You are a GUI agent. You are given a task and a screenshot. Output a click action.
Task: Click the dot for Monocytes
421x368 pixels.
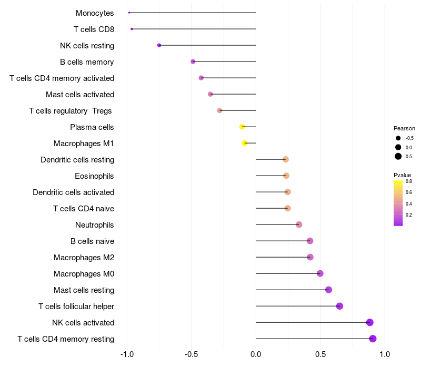point(129,13)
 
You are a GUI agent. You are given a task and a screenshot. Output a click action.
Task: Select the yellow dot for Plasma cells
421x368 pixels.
point(242,127)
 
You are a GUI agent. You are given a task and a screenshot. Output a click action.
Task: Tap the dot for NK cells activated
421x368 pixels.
point(370,322)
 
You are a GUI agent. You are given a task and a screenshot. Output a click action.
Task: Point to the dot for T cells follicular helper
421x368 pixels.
point(339,306)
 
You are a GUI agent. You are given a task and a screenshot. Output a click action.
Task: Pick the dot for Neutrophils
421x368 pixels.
point(299,224)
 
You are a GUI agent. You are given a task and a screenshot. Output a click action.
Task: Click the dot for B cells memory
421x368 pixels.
point(193,62)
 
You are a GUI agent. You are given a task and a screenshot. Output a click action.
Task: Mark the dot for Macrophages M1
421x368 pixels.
point(245,143)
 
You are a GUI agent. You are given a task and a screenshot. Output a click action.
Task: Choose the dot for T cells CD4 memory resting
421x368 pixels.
point(373,339)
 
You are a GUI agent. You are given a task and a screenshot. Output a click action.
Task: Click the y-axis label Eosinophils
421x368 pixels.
point(94,176)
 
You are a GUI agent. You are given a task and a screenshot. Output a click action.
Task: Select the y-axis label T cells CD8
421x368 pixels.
point(94,29)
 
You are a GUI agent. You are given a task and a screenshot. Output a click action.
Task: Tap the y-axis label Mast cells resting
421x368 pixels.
point(84,290)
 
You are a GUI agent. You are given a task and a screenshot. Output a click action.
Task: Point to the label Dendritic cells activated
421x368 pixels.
point(73,192)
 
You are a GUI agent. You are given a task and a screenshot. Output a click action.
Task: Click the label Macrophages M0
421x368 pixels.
point(84,274)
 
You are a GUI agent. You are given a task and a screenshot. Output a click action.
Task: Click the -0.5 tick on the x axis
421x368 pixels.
point(191,354)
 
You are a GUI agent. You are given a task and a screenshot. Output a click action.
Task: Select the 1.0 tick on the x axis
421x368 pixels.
point(385,354)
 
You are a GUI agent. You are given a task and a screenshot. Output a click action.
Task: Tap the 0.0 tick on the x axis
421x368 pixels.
point(256,354)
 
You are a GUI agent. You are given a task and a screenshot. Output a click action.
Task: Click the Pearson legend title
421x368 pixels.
point(404,128)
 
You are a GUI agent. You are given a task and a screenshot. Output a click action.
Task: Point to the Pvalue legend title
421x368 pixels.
point(402,175)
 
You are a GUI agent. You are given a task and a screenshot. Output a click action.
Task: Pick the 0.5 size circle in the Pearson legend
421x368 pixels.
point(398,156)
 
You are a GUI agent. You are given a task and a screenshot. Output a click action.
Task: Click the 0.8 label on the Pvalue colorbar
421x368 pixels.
point(408,181)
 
